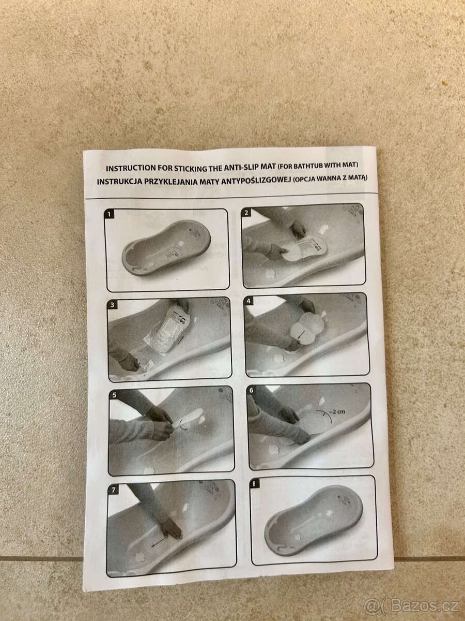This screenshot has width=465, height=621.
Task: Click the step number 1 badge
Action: (x=110, y=214)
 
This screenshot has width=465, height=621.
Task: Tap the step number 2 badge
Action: (x=246, y=213)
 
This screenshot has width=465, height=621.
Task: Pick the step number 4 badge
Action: (x=249, y=301)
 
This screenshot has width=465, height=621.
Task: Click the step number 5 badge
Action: (x=114, y=395)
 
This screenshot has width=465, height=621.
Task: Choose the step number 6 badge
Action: (x=251, y=390)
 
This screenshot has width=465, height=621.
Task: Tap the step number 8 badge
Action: (x=254, y=483)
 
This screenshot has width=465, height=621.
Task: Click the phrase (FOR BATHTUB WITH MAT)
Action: (x=318, y=165)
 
